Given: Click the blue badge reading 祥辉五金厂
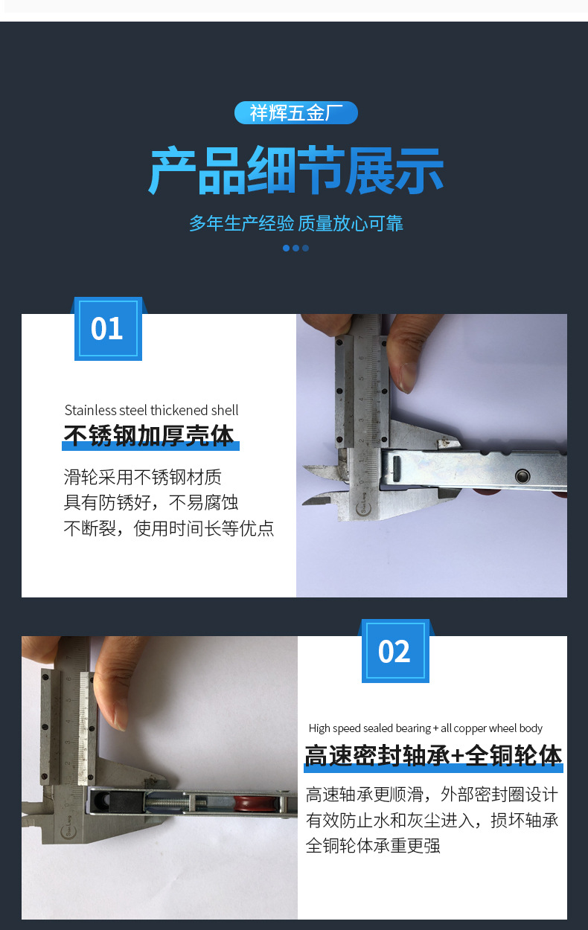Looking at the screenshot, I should pyautogui.click(x=295, y=113).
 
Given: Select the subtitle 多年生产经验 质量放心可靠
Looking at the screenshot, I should pyautogui.click(x=295, y=223).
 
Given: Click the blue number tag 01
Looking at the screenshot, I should pyautogui.click(x=107, y=329).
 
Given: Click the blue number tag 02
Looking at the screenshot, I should pyautogui.click(x=394, y=651).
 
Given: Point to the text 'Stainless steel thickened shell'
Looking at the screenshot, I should pyautogui.click(x=151, y=410).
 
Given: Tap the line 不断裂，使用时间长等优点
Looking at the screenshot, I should pyautogui.click(x=168, y=529).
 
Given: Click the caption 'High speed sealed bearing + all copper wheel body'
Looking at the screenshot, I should pyautogui.click(x=425, y=728).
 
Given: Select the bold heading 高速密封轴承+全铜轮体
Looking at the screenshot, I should pyautogui.click(x=433, y=756).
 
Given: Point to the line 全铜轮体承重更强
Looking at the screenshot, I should pyautogui.click(x=373, y=846).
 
